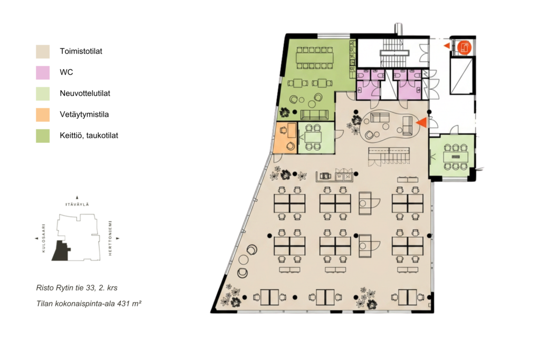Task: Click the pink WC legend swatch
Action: (x=43, y=73)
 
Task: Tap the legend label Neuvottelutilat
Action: (x=85, y=93)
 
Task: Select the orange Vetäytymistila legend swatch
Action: (x=43, y=115)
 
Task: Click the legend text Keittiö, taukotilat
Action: (x=89, y=135)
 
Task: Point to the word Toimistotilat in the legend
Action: (x=81, y=51)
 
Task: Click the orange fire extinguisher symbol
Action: (x=464, y=47)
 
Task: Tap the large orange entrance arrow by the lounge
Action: (x=422, y=122)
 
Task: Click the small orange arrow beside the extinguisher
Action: (x=447, y=45)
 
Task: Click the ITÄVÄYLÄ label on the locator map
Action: (x=77, y=205)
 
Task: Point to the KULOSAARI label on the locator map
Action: (x=44, y=239)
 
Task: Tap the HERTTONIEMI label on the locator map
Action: (x=110, y=238)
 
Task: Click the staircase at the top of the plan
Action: (x=394, y=52)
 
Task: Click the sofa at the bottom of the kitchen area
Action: (x=314, y=114)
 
